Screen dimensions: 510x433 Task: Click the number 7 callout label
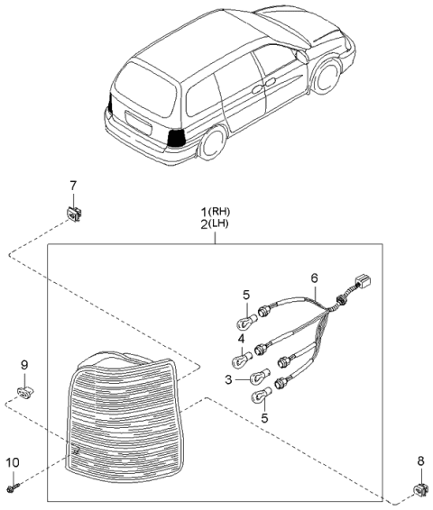tap(73, 186)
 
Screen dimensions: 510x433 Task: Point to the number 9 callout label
tap(24, 364)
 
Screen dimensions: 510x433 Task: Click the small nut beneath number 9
tap(24, 391)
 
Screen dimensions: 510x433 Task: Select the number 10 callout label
tap(13, 462)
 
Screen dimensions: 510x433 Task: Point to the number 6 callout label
tap(314, 278)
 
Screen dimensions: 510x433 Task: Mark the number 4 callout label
tap(242, 338)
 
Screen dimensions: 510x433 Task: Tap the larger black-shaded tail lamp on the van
tap(177, 137)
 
